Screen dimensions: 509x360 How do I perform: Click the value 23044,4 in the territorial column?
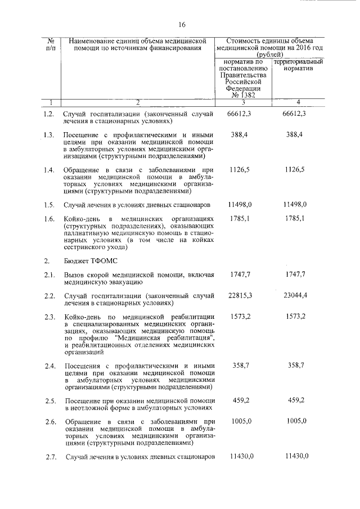pyautogui.click(x=295, y=296)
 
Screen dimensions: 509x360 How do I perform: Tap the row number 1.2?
pyautogui.click(x=49, y=114)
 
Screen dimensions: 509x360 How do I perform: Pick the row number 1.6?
pyautogui.click(x=49, y=218)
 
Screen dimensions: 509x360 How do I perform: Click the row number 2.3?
pyautogui.click(x=49, y=317)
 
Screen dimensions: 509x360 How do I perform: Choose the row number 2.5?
pyautogui.click(x=49, y=401)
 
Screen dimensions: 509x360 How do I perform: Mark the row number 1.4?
pyautogui.click(x=49, y=170)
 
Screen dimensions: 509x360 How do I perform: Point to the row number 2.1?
pyautogui.click(x=49, y=274)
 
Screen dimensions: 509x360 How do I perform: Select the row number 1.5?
pyautogui.click(x=49, y=205)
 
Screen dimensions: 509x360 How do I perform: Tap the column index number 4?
pyautogui.click(x=298, y=102)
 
